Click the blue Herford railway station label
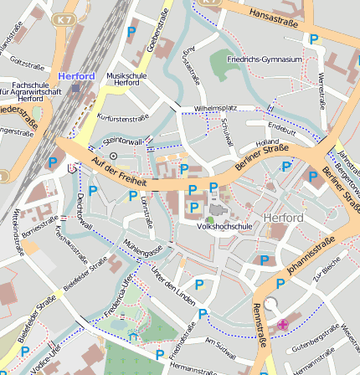[x=76, y=76]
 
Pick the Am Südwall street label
[x=222, y=346]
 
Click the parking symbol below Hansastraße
[x=314, y=39]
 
